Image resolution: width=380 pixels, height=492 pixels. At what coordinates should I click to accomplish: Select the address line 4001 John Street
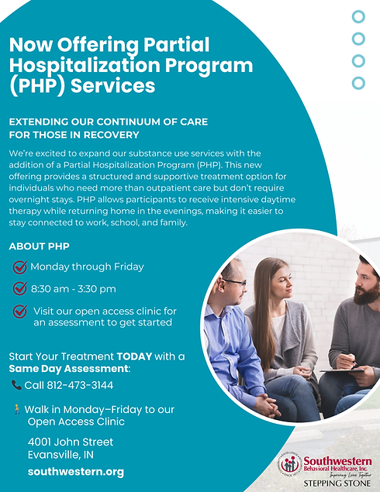tap(70, 442)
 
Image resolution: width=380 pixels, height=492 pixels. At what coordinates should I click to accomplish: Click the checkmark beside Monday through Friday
tap(19, 267)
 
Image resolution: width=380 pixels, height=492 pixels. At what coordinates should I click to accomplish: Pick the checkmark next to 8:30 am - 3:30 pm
tap(19, 289)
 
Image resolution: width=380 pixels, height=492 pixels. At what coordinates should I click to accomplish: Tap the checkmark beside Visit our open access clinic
tap(19, 311)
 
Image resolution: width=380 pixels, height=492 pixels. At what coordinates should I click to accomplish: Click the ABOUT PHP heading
tap(39, 247)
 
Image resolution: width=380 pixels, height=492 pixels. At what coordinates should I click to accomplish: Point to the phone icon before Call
tap(16, 385)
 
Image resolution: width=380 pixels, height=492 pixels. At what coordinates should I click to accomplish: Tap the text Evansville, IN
tap(60, 455)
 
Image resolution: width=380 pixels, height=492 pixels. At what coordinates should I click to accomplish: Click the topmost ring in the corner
tap(358, 16)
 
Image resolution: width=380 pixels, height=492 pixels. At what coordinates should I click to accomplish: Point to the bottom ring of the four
tap(358, 82)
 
